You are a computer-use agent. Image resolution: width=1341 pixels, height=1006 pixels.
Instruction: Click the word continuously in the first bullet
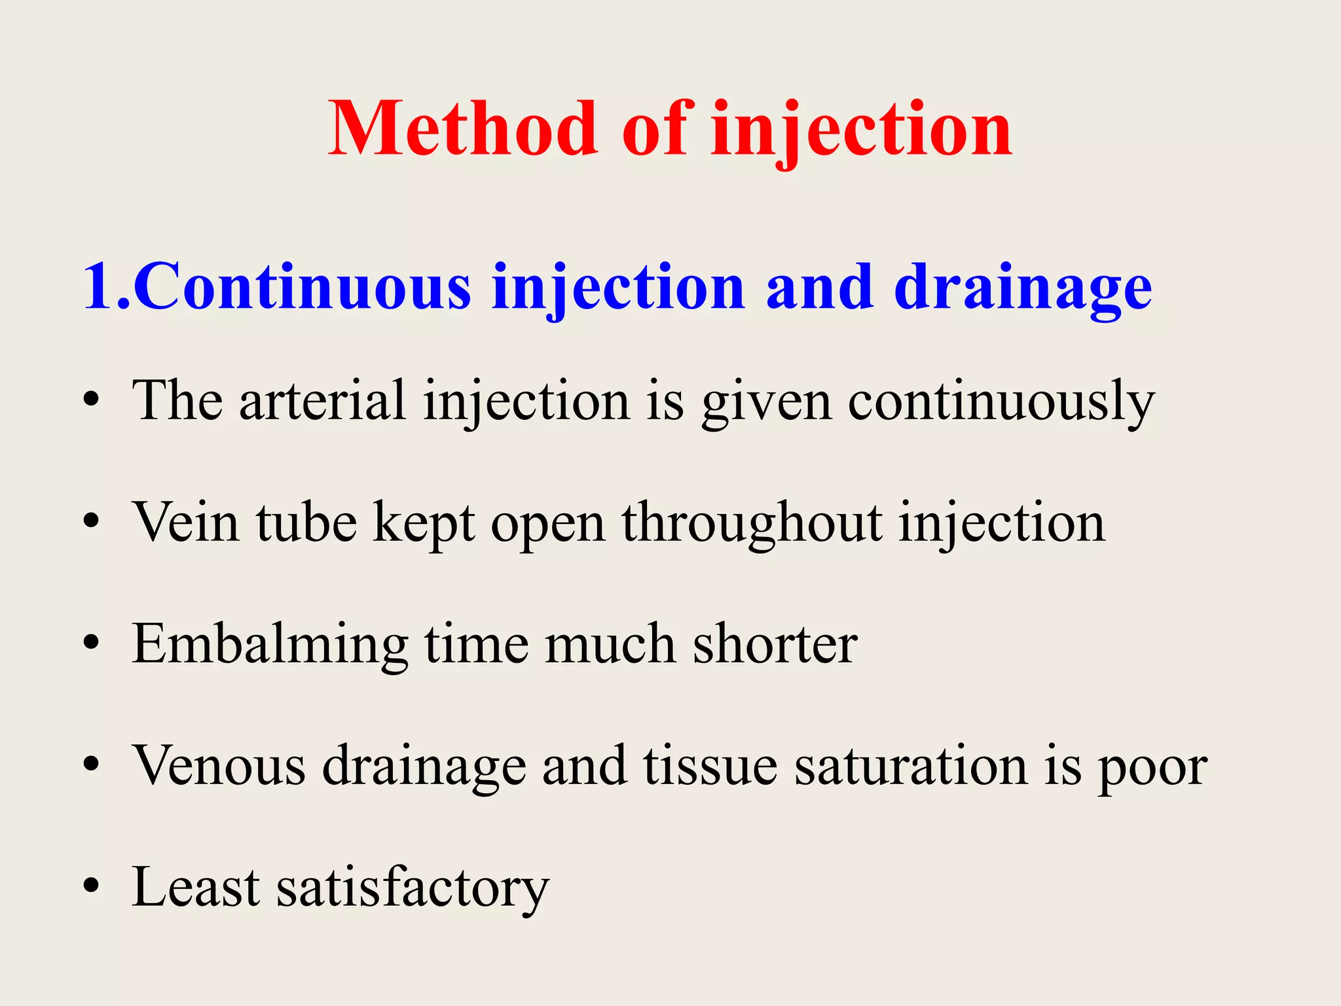(x=1001, y=401)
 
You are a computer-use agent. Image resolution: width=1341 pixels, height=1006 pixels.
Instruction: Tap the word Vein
(x=187, y=522)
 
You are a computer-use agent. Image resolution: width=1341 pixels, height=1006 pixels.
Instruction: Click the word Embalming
(x=270, y=644)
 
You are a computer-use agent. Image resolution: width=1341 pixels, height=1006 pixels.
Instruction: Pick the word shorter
(x=775, y=644)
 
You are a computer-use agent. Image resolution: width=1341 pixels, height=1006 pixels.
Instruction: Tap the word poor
(x=1152, y=766)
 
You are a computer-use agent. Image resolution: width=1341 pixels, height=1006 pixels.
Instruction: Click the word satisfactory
(x=413, y=888)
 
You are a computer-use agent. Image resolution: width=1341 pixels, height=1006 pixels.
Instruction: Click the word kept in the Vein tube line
(x=424, y=523)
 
